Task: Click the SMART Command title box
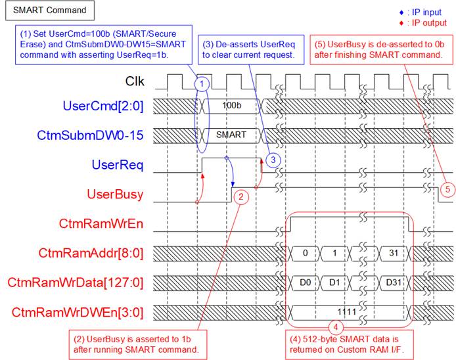click(x=50, y=10)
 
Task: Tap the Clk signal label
click(x=135, y=81)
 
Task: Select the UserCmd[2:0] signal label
click(x=103, y=106)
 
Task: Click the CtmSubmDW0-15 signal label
click(x=90, y=135)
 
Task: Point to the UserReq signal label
click(x=118, y=165)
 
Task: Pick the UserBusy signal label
click(x=115, y=194)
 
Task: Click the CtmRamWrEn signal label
click(x=101, y=223)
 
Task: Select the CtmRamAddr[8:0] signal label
click(x=91, y=254)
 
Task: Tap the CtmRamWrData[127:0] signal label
click(x=76, y=282)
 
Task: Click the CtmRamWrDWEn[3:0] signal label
click(x=78, y=313)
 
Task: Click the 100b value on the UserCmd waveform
click(x=232, y=105)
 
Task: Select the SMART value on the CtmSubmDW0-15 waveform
click(x=231, y=135)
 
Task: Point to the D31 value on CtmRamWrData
click(x=394, y=282)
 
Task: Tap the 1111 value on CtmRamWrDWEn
click(x=347, y=312)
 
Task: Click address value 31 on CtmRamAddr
click(x=394, y=253)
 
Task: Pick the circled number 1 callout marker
click(x=202, y=84)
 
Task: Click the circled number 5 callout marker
click(x=447, y=190)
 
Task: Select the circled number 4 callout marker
click(x=336, y=327)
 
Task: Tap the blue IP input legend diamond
click(x=401, y=12)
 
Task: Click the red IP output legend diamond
click(x=401, y=23)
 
